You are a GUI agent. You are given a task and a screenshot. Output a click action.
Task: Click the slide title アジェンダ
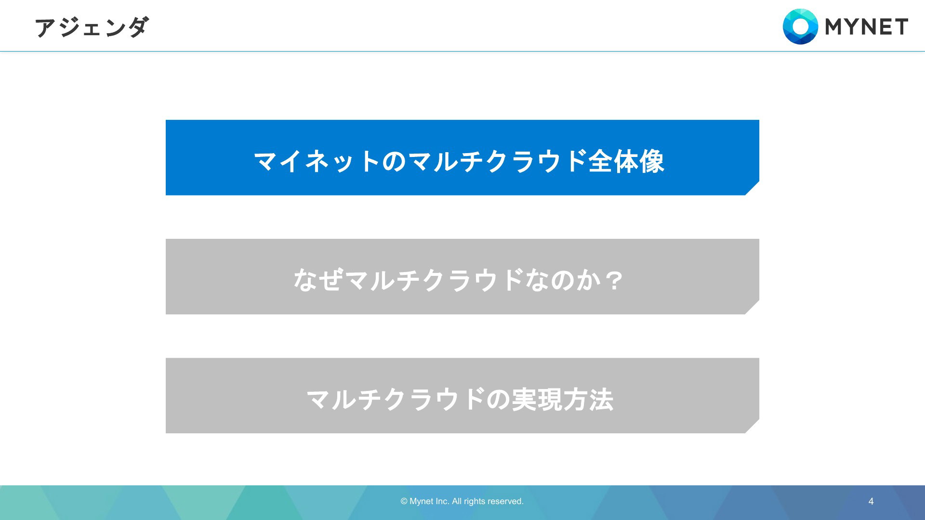pos(92,27)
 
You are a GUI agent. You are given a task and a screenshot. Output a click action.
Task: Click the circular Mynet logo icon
pos(800,26)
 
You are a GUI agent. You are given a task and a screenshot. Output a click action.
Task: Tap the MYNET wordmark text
pos(867,27)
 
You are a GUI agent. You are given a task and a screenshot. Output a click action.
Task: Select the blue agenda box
pos(462,157)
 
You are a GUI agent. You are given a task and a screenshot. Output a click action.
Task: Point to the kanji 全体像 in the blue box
pos(626,161)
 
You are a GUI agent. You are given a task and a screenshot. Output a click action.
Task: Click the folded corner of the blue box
pos(753,188)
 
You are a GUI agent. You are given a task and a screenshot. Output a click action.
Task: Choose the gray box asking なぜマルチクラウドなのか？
pos(462,276)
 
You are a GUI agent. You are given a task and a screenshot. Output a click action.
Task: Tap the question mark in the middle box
pos(614,280)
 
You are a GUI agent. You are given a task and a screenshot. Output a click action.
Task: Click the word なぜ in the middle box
pos(318,280)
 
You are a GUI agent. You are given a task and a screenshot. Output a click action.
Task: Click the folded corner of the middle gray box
pos(753,307)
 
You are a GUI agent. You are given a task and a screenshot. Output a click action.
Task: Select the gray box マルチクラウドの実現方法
pos(462,395)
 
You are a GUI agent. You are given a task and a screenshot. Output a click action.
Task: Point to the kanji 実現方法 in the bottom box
pos(563,400)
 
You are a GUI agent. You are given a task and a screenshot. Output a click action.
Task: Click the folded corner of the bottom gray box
pos(753,426)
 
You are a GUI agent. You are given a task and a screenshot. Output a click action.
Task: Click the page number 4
pos(871,501)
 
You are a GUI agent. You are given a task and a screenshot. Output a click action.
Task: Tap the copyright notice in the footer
pos(462,501)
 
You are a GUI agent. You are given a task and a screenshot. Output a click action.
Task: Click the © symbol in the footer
pos(404,501)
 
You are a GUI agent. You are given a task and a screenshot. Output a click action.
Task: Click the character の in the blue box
pos(395,161)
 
